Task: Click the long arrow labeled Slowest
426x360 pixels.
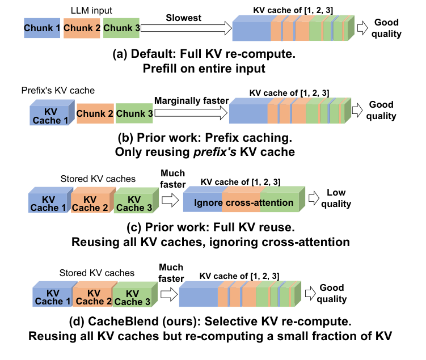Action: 184,28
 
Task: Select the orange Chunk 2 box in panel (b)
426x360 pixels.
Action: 95,113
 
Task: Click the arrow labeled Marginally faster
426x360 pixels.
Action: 191,113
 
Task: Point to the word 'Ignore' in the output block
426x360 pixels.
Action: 207,203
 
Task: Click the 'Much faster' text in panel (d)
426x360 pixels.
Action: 171,273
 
